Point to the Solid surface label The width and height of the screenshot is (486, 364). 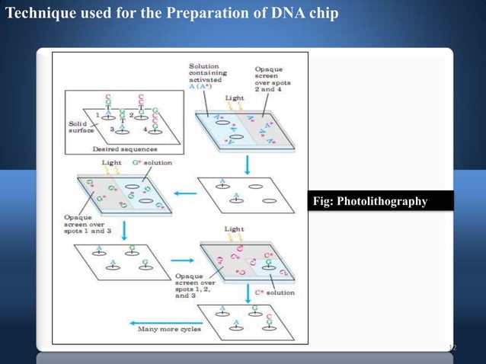pos(78,126)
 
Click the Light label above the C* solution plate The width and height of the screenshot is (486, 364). pos(234,228)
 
